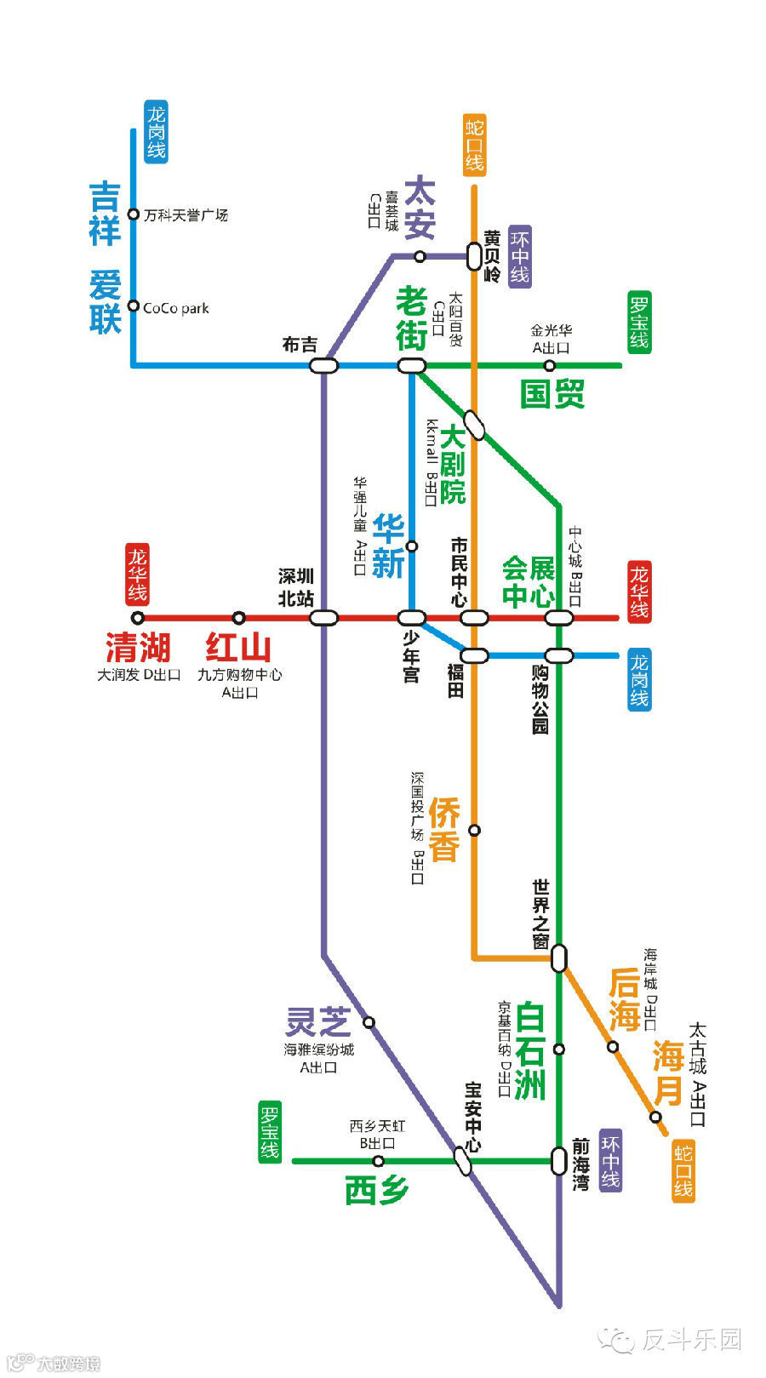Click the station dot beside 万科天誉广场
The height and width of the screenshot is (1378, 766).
point(133,214)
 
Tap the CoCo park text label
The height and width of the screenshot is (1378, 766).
point(175,308)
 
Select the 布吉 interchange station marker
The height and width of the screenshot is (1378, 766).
point(323,366)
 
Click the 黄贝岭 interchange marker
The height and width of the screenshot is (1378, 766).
point(474,255)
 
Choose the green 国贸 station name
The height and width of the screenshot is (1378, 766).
point(552,394)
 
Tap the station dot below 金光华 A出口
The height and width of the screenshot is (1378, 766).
point(550,366)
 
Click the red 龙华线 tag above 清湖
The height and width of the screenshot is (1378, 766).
point(138,574)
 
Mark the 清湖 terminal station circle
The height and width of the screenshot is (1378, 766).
point(138,618)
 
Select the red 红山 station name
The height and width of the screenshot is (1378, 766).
point(238,648)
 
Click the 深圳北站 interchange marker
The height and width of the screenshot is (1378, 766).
point(323,618)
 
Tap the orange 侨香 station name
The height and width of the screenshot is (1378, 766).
point(443,829)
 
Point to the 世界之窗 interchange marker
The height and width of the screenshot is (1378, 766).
point(558,958)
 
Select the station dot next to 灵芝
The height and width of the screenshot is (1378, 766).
point(369,1022)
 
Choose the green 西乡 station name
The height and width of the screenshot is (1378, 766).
point(377,1190)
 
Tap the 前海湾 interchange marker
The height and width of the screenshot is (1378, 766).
point(558,1161)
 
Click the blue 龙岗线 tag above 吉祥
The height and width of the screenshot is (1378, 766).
point(156,132)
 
